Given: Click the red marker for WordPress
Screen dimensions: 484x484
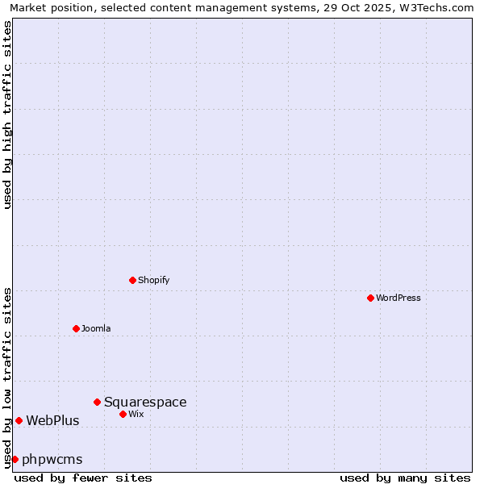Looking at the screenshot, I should tap(370, 298).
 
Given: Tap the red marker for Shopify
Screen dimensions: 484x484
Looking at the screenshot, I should tap(133, 280).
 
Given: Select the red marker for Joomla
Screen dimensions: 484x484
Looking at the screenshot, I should tap(77, 328).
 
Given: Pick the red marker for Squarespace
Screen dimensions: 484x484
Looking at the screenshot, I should tap(98, 402).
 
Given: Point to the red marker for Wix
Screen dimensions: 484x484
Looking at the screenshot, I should tap(123, 414).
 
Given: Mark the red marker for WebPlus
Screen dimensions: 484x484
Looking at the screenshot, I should tap(19, 420).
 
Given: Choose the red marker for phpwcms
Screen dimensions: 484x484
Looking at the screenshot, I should tap(15, 459).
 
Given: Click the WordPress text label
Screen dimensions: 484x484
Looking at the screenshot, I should tap(398, 298).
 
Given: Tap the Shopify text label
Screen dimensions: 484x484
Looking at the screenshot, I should tap(153, 280).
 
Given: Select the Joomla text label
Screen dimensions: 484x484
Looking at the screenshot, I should tap(96, 328).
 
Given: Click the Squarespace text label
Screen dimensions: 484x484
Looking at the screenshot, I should tap(145, 402).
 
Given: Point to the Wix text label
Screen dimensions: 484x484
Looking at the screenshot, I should tap(136, 414).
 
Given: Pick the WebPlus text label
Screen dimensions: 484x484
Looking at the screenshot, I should tap(52, 420).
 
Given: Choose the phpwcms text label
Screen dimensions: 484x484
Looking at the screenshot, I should tap(52, 459).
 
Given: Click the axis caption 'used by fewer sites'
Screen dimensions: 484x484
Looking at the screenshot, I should tap(83, 478).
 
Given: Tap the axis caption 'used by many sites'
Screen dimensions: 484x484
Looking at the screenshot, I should tap(405, 478).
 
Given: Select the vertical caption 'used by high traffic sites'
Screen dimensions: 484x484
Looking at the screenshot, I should tap(7, 115).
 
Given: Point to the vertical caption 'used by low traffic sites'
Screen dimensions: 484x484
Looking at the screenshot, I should tap(7, 377).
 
